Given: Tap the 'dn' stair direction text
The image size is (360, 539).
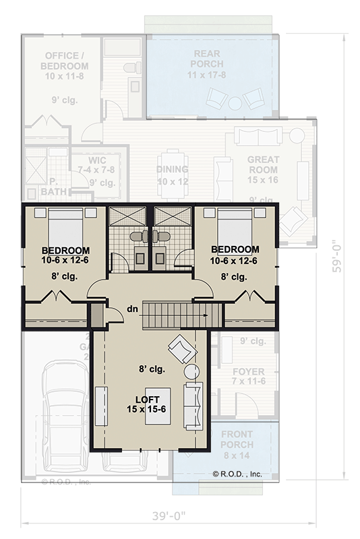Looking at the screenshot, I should pos(132,309).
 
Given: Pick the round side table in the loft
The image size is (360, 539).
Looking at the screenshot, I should pos(191,372).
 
